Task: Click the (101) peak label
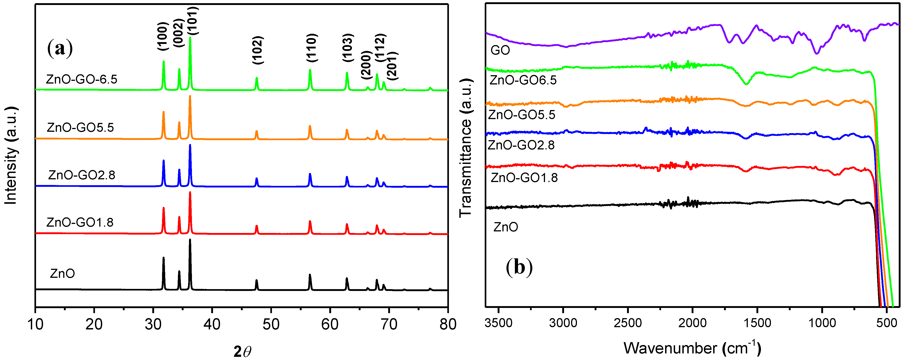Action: click(x=193, y=21)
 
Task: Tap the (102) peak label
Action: click(x=258, y=50)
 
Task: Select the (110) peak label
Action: click(x=312, y=48)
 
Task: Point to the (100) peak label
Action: click(x=163, y=36)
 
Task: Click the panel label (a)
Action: click(x=60, y=48)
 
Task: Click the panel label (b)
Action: click(x=519, y=267)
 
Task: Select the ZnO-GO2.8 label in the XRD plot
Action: click(x=82, y=175)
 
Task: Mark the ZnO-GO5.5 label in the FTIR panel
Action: click(x=522, y=115)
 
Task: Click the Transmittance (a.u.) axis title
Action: click(x=465, y=148)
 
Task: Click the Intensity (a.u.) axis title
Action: click(x=11, y=155)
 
